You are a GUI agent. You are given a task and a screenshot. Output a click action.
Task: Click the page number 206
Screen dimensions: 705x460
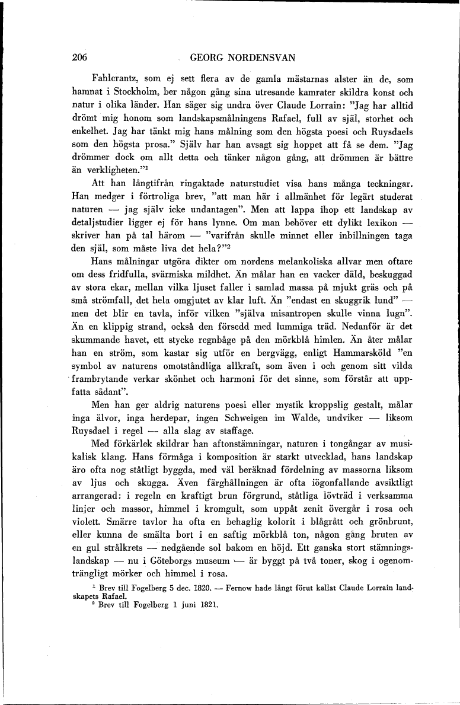(79, 58)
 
